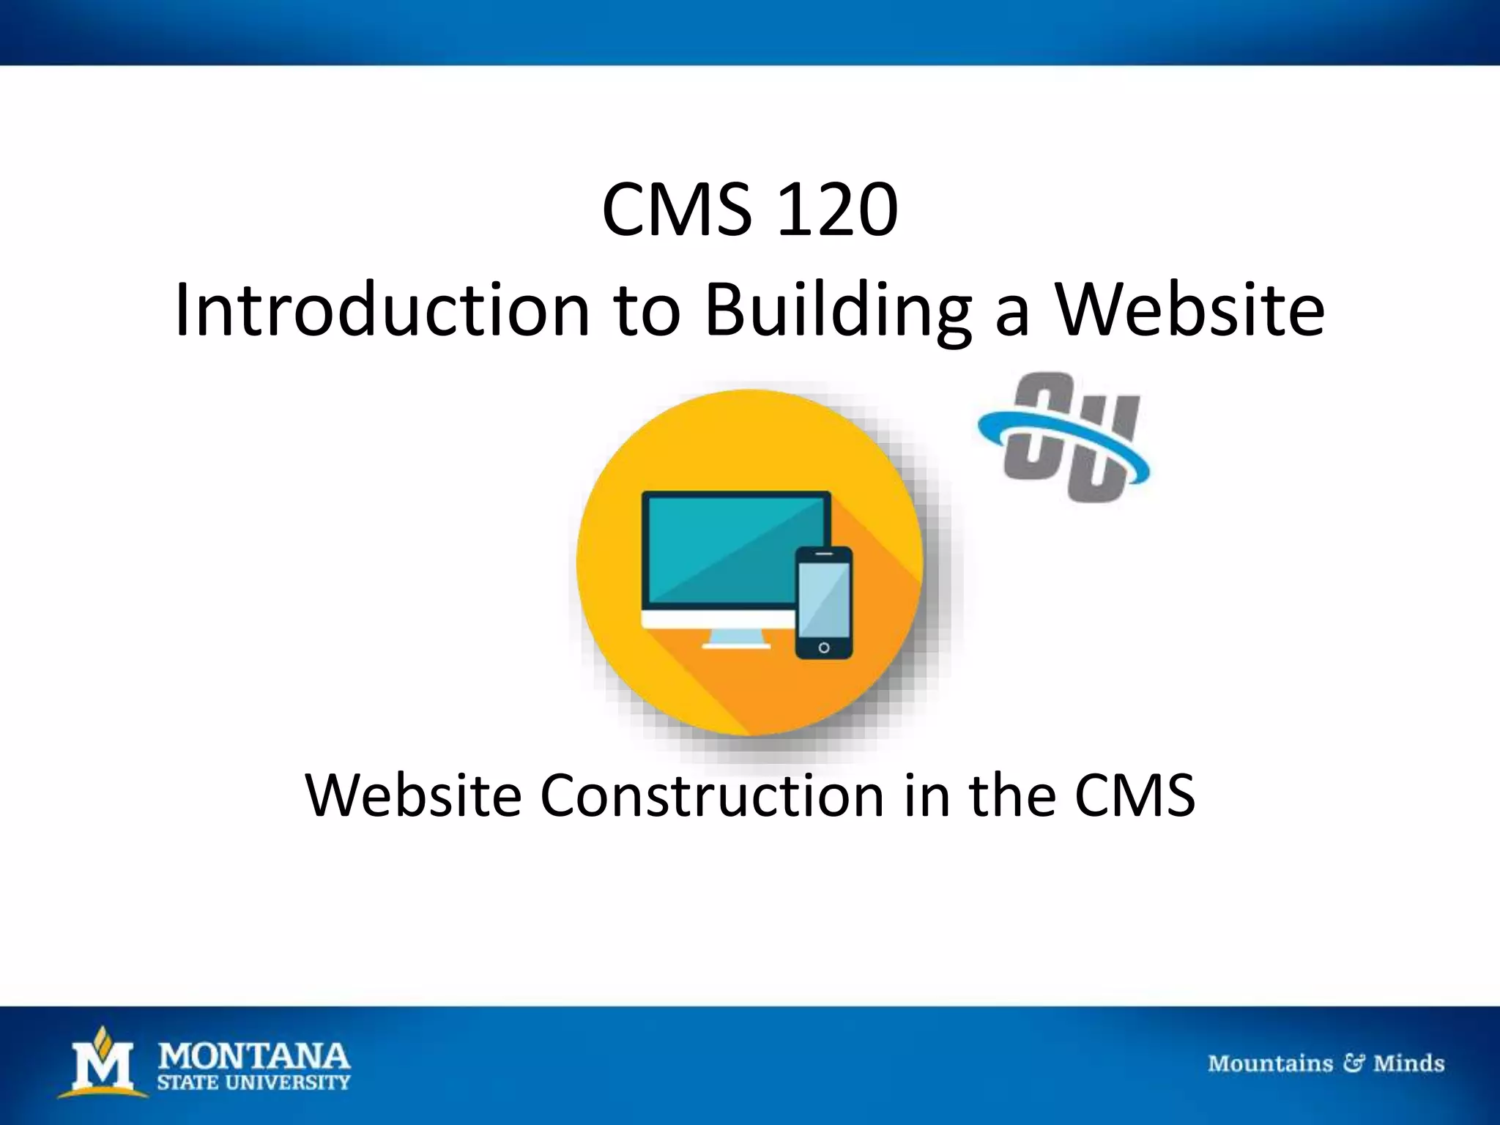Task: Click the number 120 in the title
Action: pyautogui.click(x=837, y=212)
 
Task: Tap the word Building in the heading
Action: pyautogui.click(x=837, y=311)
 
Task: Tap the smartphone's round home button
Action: pyautogui.click(x=824, y=648)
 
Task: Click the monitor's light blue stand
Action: pyautogui.click(x=736, y=638)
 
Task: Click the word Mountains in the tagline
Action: pyautogui.click(x=1270, y=1063)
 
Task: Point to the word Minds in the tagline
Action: pyautogui.click(x=1408, y=1063)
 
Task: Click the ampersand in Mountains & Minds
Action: pyautogui.click(x=1353, y=1063)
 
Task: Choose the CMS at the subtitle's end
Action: pyautogui.click(x=1135, y=796)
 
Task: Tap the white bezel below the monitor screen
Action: pyautogui.click(x=718, y=620)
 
